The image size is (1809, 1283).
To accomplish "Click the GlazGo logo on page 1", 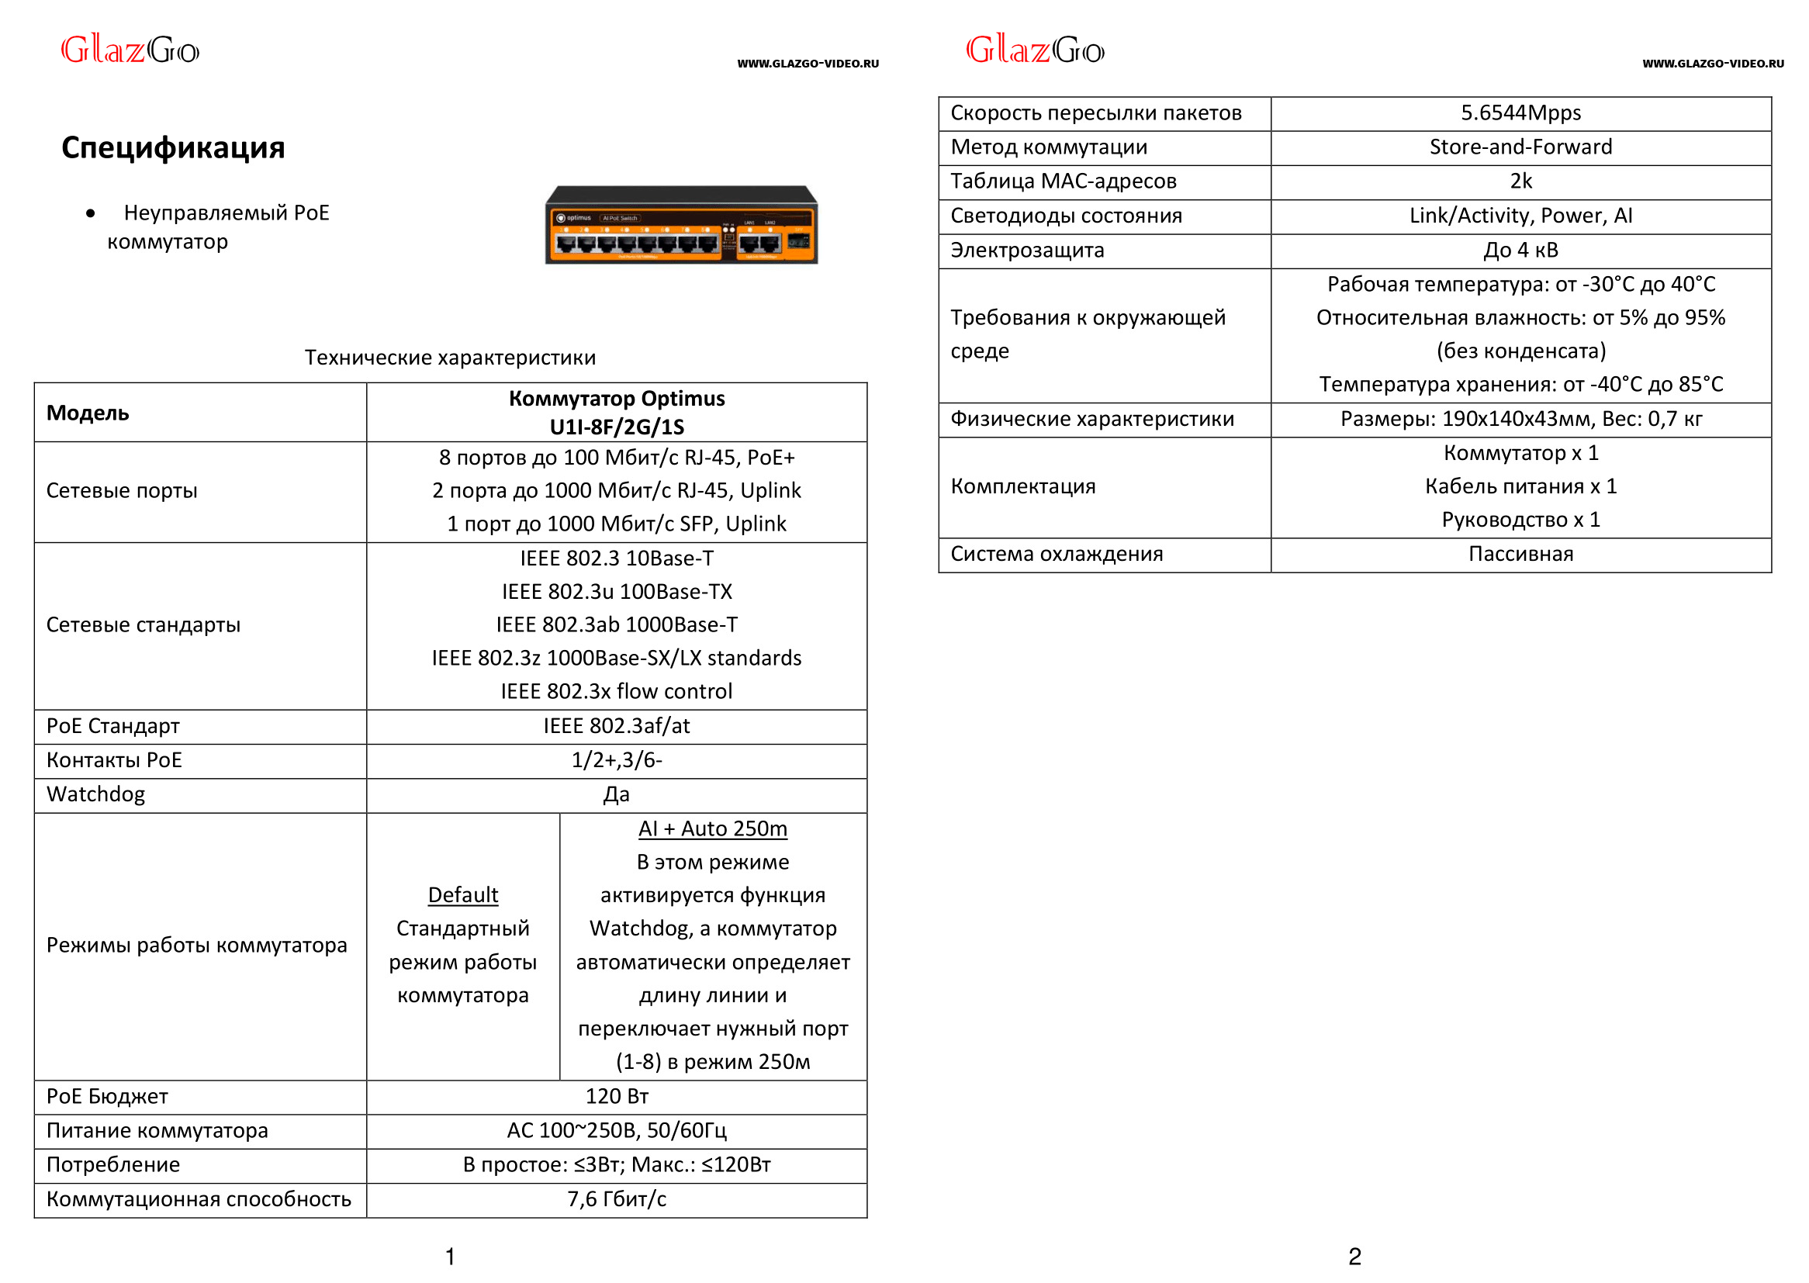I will (x=130, y=50).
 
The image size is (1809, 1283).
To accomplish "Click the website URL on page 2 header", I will (x=1712, y=64).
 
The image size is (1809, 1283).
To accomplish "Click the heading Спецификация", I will (x=173, y=147).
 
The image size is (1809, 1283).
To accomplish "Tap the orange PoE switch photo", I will (x=681, y=225).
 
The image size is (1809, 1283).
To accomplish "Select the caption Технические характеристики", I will (x=450, y=358).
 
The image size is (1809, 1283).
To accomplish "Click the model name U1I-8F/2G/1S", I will (x=616, y=427).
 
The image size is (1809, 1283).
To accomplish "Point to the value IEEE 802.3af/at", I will (x=616, y=726).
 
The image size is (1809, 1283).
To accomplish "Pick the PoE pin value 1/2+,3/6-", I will (x=616, y=760).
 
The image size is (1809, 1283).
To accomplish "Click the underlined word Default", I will (x=463, y=895).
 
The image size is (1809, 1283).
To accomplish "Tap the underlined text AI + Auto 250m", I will (x=713, y=828).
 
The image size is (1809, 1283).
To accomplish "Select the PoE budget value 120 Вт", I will (x=616, y=1097).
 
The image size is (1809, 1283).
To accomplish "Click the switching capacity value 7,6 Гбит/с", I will (x=616, y=1199).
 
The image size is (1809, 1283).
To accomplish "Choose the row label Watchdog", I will (x=95, y=795).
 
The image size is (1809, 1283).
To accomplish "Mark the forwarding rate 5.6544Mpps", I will (x=1520, y=113).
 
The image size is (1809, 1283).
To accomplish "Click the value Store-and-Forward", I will (x=1520, y=147).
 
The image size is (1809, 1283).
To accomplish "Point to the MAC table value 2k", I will (x=1520, y=182).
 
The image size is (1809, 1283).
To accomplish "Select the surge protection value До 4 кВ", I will (x=1520, y=251).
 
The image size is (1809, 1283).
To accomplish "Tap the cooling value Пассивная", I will (x=1520, y=554).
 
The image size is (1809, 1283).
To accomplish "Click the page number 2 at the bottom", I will (x=1354, y=1256).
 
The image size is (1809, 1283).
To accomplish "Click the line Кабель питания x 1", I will (x=1520, y=486).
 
